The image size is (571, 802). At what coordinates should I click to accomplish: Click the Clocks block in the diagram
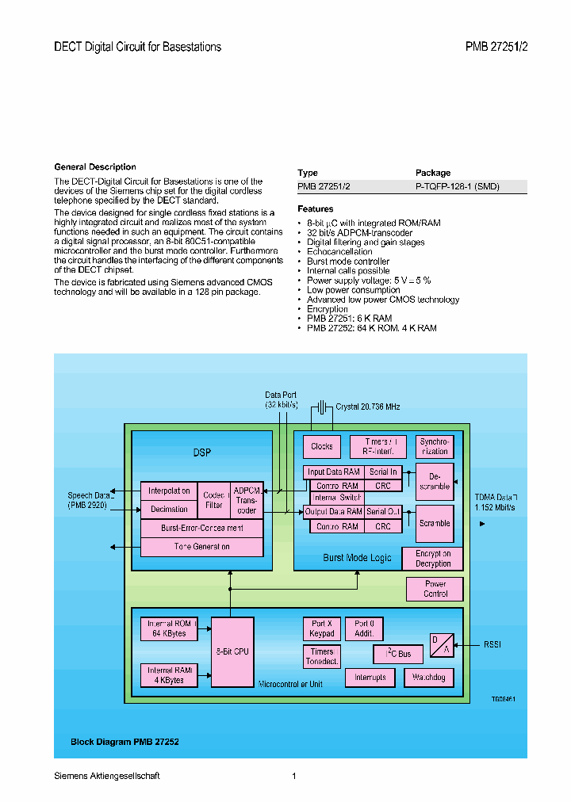pos(322,446)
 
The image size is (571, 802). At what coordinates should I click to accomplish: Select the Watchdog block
pos(429,678)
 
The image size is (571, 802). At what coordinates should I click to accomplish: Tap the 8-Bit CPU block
pos(232,651)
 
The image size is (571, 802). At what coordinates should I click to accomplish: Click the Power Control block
pos(435,589)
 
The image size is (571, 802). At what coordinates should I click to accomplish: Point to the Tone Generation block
pos(201,547)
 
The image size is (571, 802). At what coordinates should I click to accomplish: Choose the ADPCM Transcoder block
pos(247,500)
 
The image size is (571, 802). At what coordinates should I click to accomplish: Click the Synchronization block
pos(435,446)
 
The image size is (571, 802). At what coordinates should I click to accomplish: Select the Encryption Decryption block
pos(433,559)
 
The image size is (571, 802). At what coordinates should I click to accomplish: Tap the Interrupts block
pos(370,678)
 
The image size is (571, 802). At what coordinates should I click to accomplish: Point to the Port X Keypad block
pos(322,629)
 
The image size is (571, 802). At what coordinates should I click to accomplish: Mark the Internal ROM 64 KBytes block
pos(169,629)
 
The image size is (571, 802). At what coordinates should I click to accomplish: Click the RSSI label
pos(492,645)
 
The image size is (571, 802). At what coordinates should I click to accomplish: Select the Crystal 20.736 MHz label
pos(367,407)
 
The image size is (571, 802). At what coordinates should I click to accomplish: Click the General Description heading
pos(95,167)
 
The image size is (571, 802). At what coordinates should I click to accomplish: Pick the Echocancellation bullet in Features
pos(339,252)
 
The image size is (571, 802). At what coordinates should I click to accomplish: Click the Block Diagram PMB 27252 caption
pos(125,743)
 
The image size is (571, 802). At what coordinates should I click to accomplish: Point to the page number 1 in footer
pos(293,776)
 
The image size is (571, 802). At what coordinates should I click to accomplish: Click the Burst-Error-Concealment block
pos(201,527)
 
